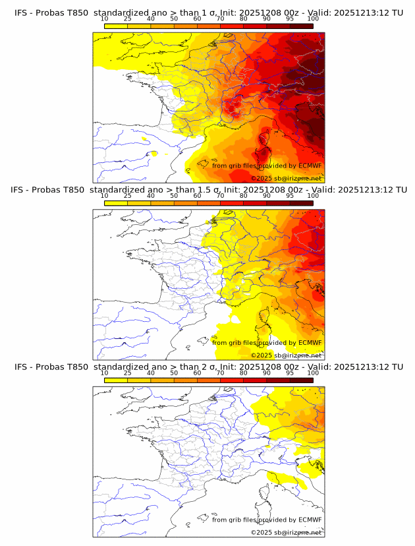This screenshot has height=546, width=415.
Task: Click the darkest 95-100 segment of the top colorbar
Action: coord(301,26)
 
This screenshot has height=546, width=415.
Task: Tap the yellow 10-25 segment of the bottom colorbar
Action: coord(115,379)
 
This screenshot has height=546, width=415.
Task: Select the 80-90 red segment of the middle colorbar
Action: coord(255,202)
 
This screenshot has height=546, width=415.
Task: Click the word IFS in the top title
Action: coord(22,13)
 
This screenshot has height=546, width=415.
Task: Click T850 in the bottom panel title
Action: coord(76,366)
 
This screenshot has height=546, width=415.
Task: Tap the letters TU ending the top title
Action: coord(397,13)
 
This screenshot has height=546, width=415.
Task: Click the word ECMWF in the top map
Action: coord(310,166)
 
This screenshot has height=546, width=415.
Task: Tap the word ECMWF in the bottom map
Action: coord(310,520)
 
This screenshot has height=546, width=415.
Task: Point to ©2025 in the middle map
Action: coord(262,355)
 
